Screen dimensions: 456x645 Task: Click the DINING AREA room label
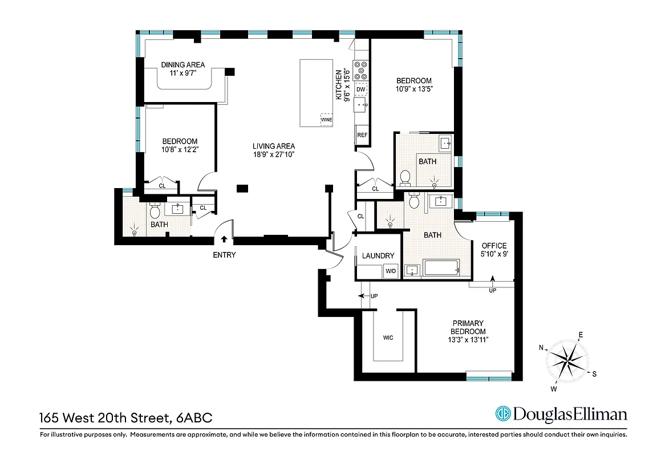182,65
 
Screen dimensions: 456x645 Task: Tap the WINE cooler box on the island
326,120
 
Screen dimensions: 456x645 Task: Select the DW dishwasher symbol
360,89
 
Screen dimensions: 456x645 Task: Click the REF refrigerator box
362,135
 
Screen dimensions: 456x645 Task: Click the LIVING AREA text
274,146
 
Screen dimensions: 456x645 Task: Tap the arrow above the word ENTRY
224,240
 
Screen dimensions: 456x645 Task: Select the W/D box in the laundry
391,271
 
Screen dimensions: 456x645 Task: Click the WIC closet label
388,337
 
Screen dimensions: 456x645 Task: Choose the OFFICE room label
494,246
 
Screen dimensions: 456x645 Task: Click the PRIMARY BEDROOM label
468,327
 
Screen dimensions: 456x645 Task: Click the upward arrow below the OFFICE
492,279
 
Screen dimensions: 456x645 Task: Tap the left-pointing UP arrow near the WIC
362,296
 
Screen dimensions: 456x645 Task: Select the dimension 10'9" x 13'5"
413,89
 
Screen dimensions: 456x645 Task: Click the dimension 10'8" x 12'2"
180,150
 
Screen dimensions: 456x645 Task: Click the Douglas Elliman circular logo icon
502,414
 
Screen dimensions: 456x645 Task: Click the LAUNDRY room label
378,256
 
